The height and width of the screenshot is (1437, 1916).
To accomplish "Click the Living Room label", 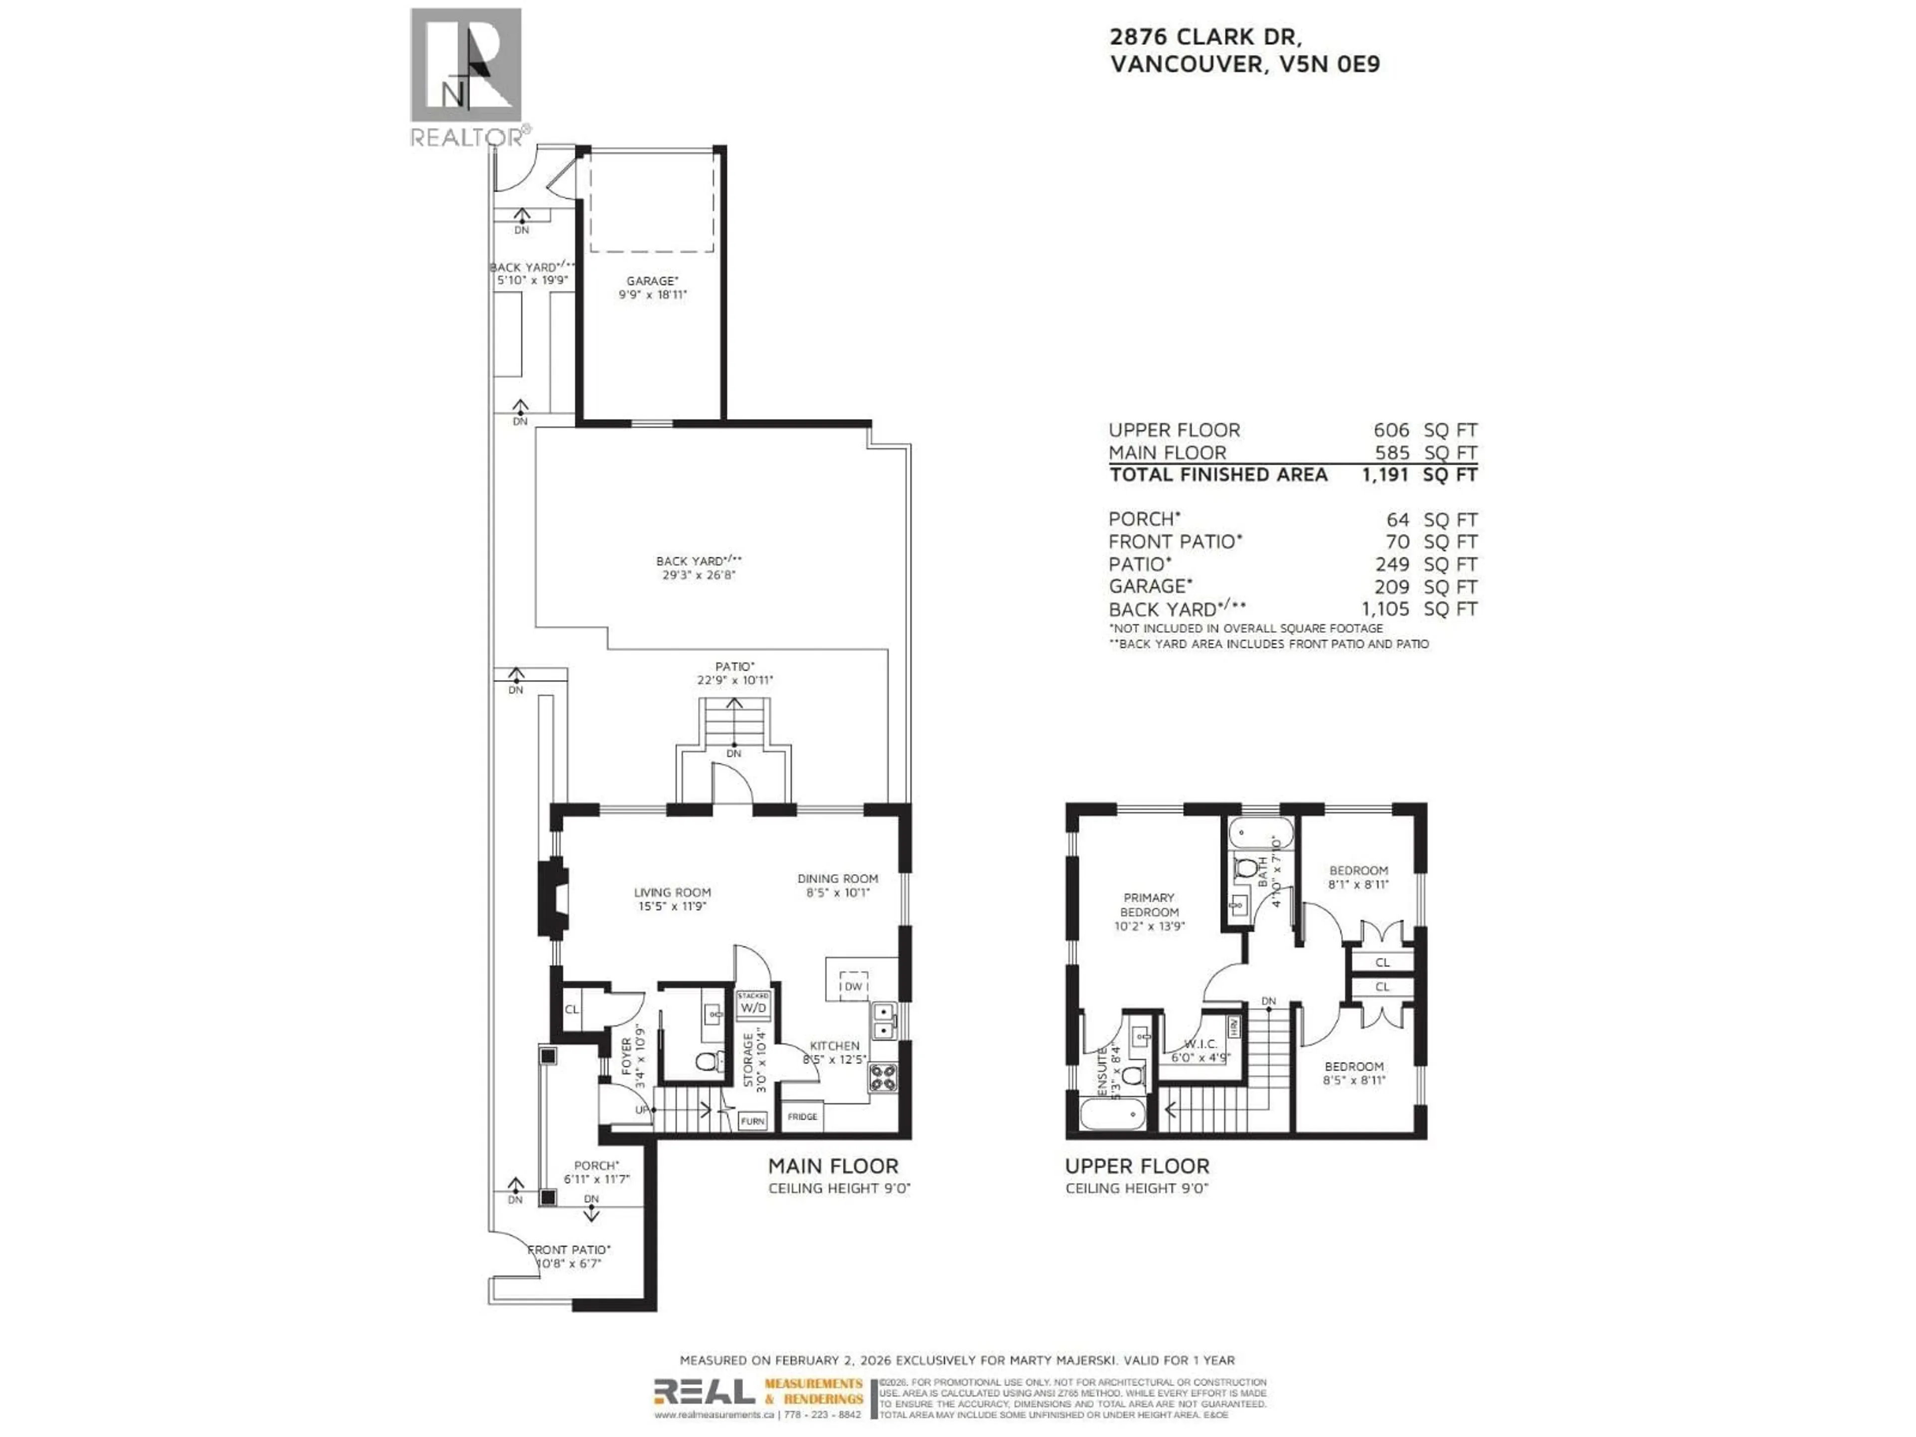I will pyautogui.click(x=672, y=898).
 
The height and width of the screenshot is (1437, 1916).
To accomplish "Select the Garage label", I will pyautogui.click(x=652, y=287).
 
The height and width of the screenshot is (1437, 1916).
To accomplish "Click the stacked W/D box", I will pyautogui.click(x=753, y=1005).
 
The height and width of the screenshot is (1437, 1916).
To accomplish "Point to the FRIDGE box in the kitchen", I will pyautogui.click(x=802, y=1117).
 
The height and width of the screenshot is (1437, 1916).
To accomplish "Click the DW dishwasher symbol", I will pyautogui.click(x=853, y=986).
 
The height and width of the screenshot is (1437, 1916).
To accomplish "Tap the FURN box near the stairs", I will pyautogui.click(x=752, y=1121).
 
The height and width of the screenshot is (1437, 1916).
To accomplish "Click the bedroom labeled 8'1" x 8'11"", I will pyautogui.click(x=1358, y=877).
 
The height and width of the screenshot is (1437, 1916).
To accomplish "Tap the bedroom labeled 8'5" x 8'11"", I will pyautogui.click(x=1353, y=1072).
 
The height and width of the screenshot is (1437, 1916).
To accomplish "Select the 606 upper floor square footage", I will pyautogui.click(x=1391, y=430).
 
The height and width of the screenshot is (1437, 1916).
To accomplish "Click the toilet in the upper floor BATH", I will pyautogui.click(x=1245, y=868).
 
